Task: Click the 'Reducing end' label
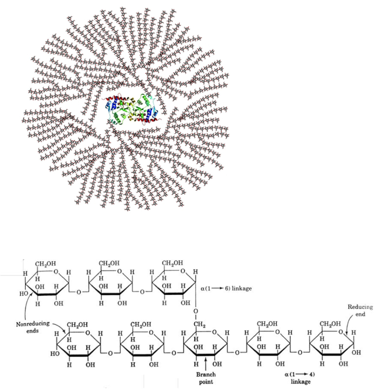(x=360, y=310)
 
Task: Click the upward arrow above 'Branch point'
(x=205, y=364)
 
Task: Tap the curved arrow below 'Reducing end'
(x=348, y=326)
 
